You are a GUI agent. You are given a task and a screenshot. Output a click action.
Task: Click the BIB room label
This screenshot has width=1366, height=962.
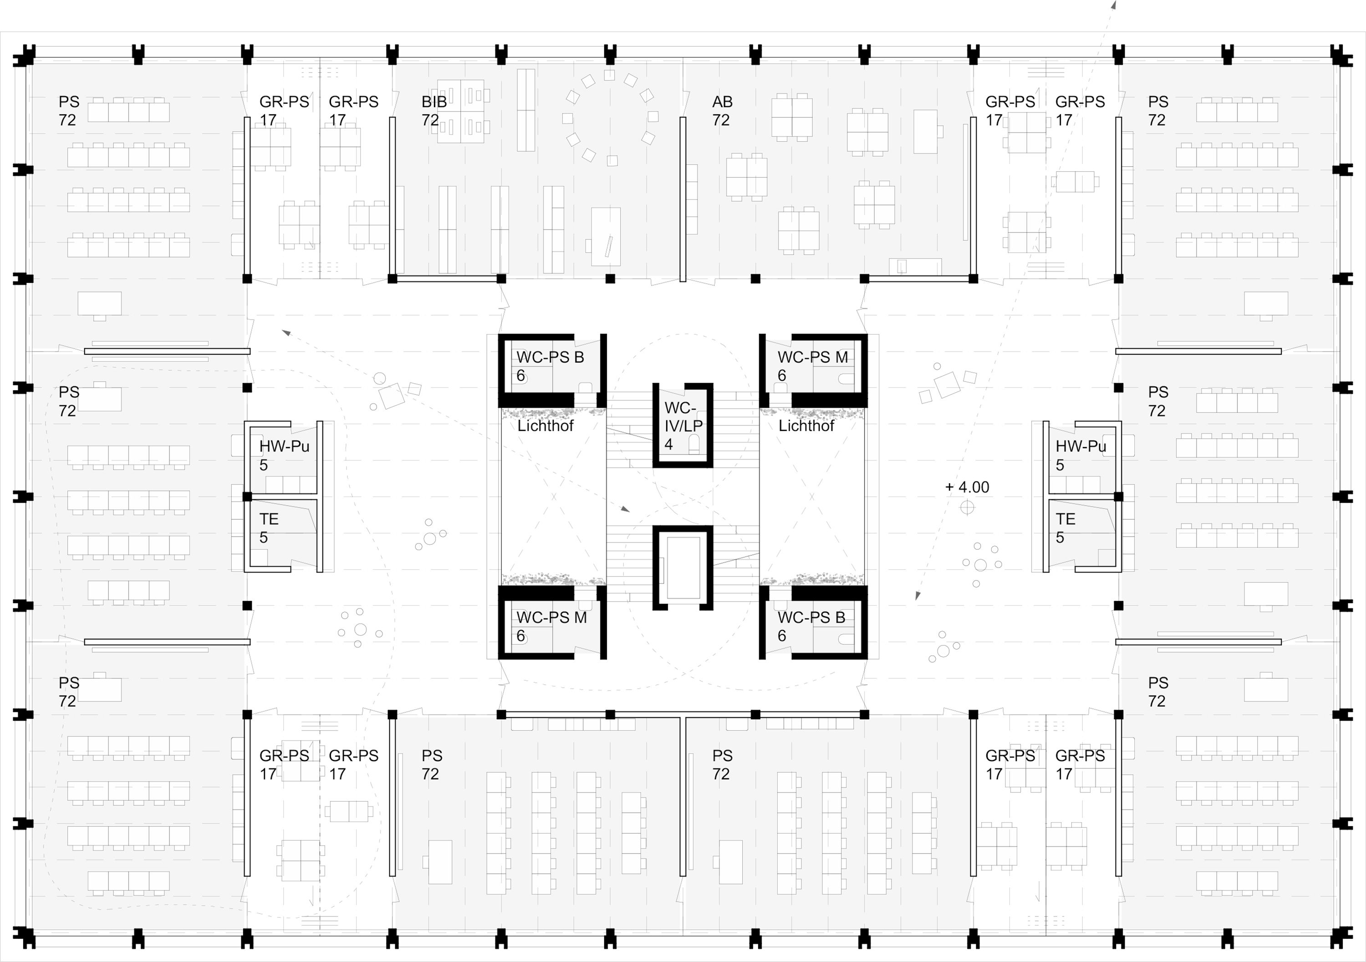point(434,111)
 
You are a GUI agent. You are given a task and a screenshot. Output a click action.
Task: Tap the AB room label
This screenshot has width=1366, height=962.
point(722,111)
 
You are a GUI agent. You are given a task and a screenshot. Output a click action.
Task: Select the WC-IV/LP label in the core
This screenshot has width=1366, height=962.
point(683,425)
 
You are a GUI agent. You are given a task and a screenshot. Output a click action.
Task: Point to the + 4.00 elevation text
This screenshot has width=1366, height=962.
point(967,487)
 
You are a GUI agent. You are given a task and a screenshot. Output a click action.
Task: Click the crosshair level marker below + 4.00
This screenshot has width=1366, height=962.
point(968,507)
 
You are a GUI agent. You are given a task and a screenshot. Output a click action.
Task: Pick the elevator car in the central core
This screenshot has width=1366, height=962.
point(683,568)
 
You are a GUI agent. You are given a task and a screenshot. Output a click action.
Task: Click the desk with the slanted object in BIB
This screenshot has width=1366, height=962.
point(606,236)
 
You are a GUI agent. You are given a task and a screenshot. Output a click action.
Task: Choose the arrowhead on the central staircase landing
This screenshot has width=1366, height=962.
point(625,509)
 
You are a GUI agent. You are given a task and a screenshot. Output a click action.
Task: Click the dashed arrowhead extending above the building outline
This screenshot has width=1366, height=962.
point(1114,4)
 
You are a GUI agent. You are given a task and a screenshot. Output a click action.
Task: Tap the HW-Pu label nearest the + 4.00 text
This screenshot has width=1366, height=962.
point(1081,455)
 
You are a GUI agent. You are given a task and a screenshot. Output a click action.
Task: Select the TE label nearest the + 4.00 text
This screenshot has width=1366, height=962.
point(1065,528)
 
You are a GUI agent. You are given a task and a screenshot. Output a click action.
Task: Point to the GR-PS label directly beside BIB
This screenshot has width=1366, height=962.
point(353,111)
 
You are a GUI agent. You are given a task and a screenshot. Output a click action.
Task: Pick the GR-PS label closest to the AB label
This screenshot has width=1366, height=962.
point(1010,111)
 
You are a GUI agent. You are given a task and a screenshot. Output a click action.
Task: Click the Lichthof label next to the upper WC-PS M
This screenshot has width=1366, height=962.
point(806,425)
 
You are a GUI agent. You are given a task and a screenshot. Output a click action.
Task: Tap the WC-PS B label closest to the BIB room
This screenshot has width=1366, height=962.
point(550,366)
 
